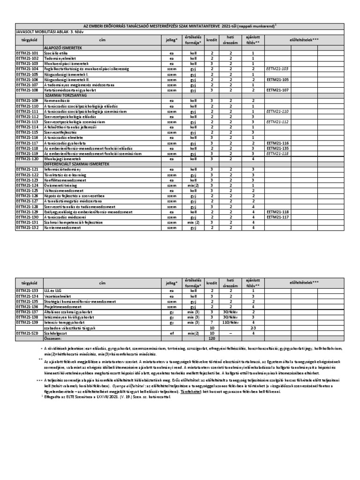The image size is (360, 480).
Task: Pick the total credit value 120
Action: point(211,338)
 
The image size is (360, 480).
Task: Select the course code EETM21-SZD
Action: point(27,333)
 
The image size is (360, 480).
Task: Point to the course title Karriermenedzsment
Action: point(61,227)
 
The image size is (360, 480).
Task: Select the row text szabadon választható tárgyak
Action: point(70,328)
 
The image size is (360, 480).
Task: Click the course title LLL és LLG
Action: point(52,291)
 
